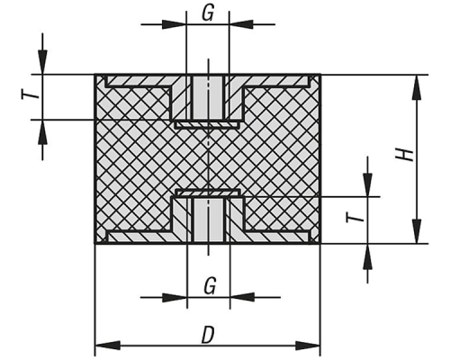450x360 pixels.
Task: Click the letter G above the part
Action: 208,13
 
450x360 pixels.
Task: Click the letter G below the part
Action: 210,286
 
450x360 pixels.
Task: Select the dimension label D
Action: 208,335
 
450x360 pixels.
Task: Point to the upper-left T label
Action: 31,95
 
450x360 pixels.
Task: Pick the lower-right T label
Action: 355,217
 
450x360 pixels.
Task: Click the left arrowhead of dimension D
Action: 107,346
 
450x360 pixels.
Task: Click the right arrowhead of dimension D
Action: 308,346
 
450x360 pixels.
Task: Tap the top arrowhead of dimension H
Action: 417,87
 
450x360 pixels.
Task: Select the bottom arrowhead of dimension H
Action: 417,231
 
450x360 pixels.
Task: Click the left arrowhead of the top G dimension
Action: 174,24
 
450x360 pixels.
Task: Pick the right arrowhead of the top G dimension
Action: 241,24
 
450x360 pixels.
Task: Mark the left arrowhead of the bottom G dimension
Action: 175,298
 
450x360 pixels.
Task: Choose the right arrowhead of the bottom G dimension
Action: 242,298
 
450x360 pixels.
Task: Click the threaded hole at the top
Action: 208,98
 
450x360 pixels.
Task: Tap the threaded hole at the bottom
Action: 208,220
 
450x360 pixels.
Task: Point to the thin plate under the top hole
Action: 208,124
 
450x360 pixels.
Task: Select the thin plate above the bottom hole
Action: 208,193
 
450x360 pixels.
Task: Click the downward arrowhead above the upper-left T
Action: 42,62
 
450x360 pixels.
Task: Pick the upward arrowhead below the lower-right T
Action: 368,256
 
